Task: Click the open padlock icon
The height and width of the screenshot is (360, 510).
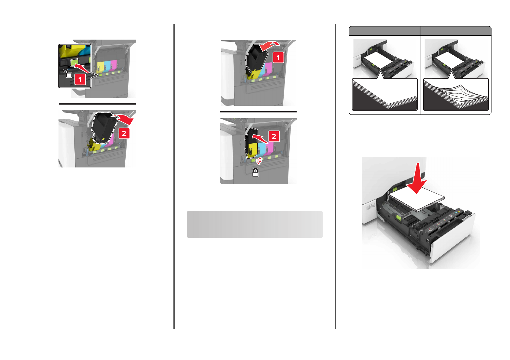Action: [x=67, y=74]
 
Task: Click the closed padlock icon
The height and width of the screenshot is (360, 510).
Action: [x=255, y=173]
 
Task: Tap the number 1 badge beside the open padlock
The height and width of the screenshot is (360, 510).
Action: [x=80, y=79]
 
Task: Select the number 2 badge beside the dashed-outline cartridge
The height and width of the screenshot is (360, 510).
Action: [x=124, y=133]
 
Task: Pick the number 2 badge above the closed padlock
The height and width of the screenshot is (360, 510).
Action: [x=274, y=136]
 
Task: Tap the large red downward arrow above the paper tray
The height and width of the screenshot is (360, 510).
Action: [x=417, y=179]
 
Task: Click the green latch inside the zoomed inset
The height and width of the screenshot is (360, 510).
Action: [x=75, y=62]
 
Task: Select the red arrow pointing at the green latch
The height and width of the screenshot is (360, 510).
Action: [x=82, y=68]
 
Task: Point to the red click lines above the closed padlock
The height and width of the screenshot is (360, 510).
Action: [x=259, y=161]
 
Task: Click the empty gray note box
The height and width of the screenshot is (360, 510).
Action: [x=255, y=224]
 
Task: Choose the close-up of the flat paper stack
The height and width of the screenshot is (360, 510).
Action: [x=385, y=94]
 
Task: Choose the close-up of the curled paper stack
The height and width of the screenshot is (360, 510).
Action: [x=456, y=94]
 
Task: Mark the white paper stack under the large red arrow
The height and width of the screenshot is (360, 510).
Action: [x=417, y=199]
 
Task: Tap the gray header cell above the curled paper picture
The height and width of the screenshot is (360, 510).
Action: [x=456, y=31]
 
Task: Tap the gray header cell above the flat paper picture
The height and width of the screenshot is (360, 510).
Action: [x=385, y=31]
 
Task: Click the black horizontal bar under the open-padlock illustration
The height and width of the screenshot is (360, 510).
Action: [x=97, y=104]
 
